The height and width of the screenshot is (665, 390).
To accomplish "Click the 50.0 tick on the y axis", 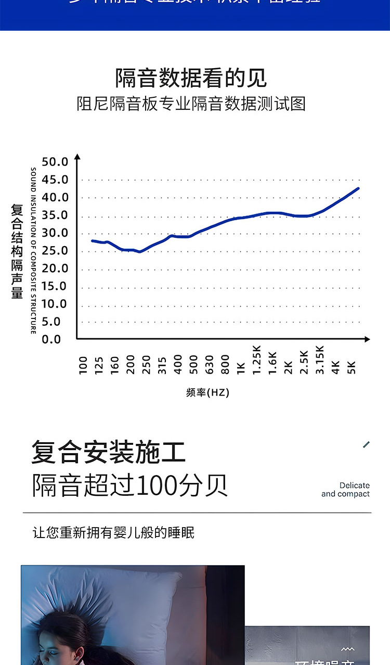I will [x=55, y=162].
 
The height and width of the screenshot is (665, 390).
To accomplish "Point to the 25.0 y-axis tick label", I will [x=55, y=251].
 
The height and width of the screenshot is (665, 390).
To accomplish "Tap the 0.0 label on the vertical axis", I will [x=51, y=339].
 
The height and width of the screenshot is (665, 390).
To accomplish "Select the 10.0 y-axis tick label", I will [x=55, y=304].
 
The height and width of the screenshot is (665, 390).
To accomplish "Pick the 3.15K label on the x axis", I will [x=320, y=360].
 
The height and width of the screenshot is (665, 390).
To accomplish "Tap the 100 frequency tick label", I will [x=83, y=365].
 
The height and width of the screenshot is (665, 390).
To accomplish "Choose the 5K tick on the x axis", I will [x=352, y=367].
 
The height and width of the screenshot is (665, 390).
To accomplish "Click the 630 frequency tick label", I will [x=210, y=365].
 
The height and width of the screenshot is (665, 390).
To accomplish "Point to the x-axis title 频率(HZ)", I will [x=207, y=392].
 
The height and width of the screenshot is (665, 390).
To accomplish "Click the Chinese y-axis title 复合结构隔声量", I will [x=17, y=251].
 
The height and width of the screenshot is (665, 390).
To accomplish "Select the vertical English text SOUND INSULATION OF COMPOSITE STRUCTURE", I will [x=33, y=251].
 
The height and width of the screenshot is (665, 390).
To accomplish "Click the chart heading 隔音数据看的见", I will [x=191, y=78].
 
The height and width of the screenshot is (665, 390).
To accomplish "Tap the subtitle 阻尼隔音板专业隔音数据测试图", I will [x=191, y=104].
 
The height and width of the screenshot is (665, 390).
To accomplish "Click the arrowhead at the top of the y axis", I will [x=77, y=157].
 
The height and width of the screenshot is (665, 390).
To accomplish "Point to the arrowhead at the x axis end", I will [x=367, y=339].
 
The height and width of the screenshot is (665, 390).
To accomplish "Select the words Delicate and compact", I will [x=346, y=490].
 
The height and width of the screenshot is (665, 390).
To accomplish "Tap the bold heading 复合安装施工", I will [x=108, y=451].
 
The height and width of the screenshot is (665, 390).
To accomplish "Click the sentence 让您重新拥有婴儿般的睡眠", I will [x=113, y=533].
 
